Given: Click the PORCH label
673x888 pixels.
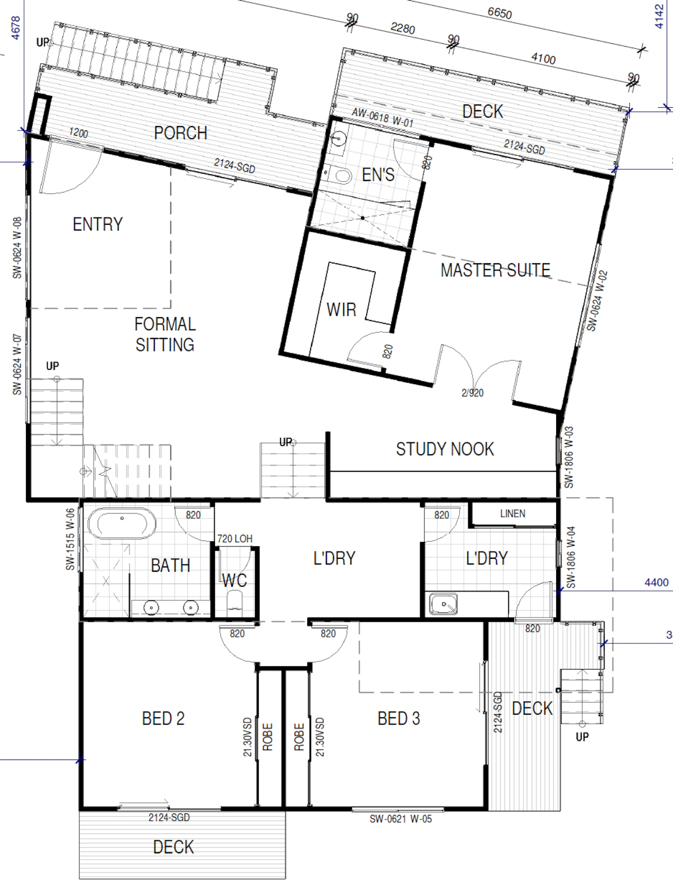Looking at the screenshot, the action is click(x=180, y=133).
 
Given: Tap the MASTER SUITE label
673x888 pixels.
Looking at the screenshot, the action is click(x=496, y=270).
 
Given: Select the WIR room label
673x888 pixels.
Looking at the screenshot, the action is click(x=341, y=309).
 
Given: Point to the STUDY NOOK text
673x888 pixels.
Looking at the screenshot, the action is click(x=445, y=449).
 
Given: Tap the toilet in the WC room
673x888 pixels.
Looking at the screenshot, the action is click(x=235, y=602).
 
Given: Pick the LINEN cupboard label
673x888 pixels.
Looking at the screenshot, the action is click(x=512, y=514).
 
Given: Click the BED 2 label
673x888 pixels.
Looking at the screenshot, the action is click(x=163, y=719).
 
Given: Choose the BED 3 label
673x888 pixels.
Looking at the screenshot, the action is click(x=399, y=719).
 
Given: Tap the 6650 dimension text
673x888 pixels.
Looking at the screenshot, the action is click(x=499, y=13).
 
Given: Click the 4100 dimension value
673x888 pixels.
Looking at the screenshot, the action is click(x=543, y=58).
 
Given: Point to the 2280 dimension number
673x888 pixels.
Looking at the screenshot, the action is click(x=402, y=28).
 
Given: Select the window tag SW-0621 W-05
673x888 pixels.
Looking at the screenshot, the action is click(x=400, y=819).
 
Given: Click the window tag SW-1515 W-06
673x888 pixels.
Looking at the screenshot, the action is click(x=71, y=540).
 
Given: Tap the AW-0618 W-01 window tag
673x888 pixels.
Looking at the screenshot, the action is click(x=383, y=117).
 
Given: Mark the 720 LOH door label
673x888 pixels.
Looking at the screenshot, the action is click(x=235, y=539).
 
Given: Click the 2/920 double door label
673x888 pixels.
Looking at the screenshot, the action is click(x=472, y=393).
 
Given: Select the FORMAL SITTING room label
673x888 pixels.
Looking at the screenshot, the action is click(x=165, y=335).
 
